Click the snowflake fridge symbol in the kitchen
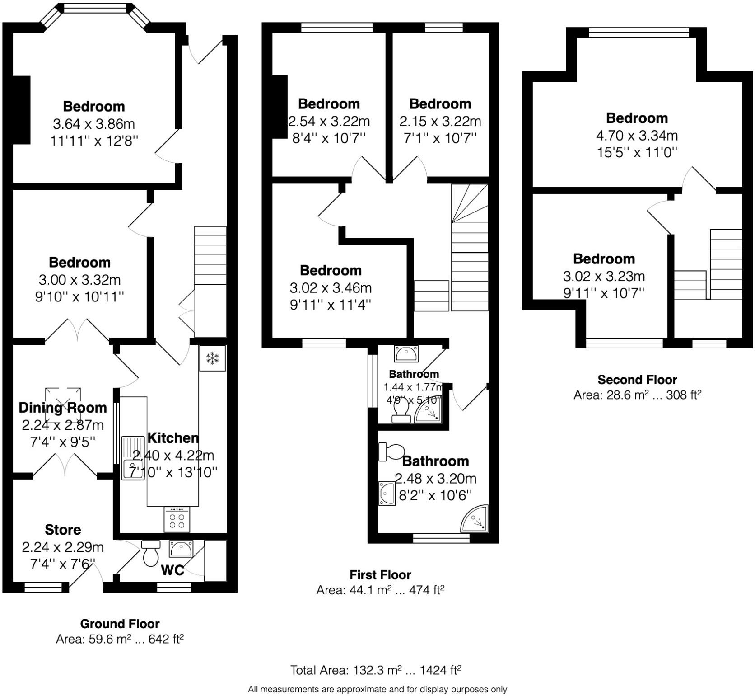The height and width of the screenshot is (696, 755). point(212,358)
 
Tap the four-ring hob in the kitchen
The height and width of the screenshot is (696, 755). point(177,519)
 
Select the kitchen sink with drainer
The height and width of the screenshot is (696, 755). point(133,457)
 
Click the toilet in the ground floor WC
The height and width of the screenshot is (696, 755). point(150,553)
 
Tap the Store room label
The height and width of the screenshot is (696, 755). point(63,530)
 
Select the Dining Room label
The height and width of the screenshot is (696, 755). point(63,408)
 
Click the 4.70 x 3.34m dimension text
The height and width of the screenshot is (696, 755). point(637,135)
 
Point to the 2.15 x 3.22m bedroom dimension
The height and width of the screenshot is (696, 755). point(440,121)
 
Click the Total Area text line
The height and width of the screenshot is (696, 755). point(375,670)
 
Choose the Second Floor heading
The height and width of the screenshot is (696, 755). point(637,380)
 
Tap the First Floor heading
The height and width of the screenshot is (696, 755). point(380,575)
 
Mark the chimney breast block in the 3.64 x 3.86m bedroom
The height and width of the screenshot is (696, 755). point(21,110)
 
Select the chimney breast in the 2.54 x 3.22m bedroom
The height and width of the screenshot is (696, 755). point(280,107)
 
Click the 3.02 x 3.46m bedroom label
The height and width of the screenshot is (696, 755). point(331,270)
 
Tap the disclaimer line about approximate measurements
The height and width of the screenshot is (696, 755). point(377,689)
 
